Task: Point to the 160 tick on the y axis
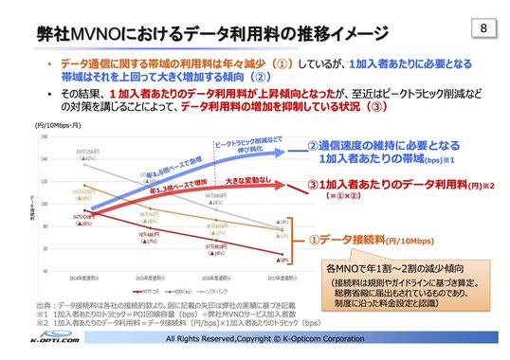point(45,136)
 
